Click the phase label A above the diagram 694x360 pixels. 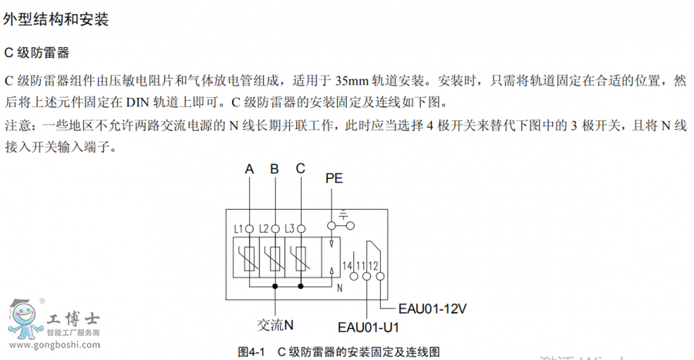point(249,170)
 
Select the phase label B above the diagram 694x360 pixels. point(275,170)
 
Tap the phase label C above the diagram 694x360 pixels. point(300,169)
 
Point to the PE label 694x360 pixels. point(334,178)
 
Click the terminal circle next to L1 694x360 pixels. point(249,228)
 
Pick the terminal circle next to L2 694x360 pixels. point(275,228)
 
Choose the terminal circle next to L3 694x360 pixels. point(302,228)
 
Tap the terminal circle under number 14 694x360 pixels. point(347,275)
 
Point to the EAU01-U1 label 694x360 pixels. point(369,326)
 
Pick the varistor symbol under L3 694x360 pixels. point(302,257)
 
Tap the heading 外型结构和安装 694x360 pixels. point(56,20)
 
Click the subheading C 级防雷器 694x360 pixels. point(37,53)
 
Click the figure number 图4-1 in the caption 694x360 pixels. point(253,352)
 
